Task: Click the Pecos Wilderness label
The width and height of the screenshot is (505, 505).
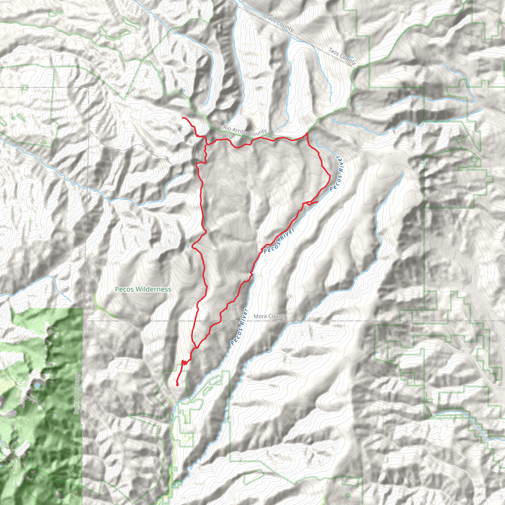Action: coord(143,289)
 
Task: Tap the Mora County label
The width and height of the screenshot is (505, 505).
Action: coord(270,316)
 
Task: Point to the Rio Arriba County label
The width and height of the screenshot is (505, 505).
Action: coord(245,131)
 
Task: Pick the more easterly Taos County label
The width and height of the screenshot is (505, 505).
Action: coord(342,56)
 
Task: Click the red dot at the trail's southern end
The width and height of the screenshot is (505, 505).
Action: coord(177,385)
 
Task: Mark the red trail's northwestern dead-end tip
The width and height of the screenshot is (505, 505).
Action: coord(182,118)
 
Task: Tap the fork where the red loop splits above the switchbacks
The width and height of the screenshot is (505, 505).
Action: coord(196,348)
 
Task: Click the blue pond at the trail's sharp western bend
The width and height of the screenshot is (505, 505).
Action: coord(188,246)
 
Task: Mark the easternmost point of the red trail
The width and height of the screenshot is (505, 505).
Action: coord(330,176)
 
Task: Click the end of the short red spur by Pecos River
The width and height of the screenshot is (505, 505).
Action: coord(318,201)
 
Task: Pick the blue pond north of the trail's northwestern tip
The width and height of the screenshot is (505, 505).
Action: coord(184,91)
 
